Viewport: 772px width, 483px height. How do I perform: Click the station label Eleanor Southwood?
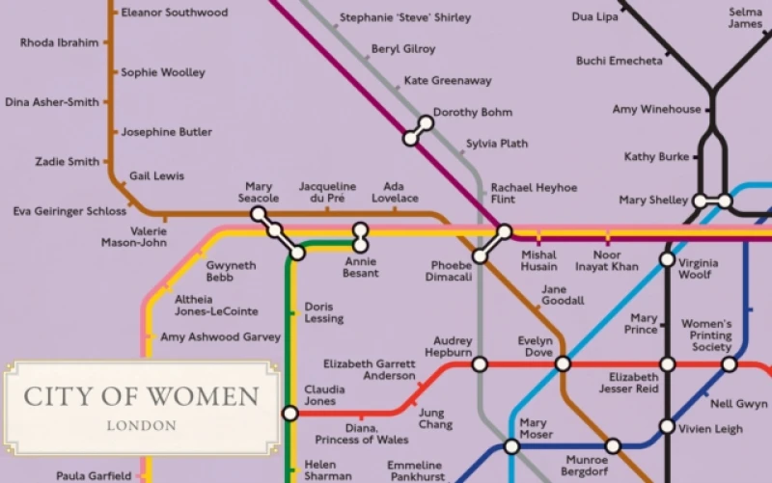click(x=174, y=13)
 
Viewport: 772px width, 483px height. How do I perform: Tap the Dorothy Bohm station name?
click(x=472, y=113)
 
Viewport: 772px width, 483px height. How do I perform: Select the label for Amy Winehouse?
click(x=656, y=110)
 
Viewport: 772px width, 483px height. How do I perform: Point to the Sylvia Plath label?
click(x=497, y=145)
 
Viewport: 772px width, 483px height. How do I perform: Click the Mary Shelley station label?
click(x=653, y=201)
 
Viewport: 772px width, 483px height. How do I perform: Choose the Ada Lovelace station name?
click(x=394, y=192)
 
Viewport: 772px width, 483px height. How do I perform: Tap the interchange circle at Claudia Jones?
click(x=290, y=414)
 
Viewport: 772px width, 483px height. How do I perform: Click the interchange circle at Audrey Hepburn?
click(x=480, y=364)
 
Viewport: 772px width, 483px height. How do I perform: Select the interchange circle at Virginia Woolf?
click(x=667, y=259)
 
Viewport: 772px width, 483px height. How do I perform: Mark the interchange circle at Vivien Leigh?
click(x=667, y=426)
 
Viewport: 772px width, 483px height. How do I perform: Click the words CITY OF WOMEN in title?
click(x=141, y=396)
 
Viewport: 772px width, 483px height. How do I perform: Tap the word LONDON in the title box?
click(x=141, y=425)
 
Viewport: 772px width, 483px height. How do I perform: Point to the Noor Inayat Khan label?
click(x=607, y=260)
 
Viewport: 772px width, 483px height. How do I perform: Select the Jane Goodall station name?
click(x=563, y=295)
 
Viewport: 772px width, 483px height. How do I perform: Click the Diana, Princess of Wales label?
click(x=362, y=434)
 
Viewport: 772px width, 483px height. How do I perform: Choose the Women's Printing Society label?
click(x=706, y=335)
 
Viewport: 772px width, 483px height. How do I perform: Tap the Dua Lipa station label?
click(x=595, y=17)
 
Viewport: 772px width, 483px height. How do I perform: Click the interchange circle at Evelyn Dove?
click(x=563, y=364)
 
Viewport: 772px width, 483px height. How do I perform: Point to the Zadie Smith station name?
click(x=67, y=162)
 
